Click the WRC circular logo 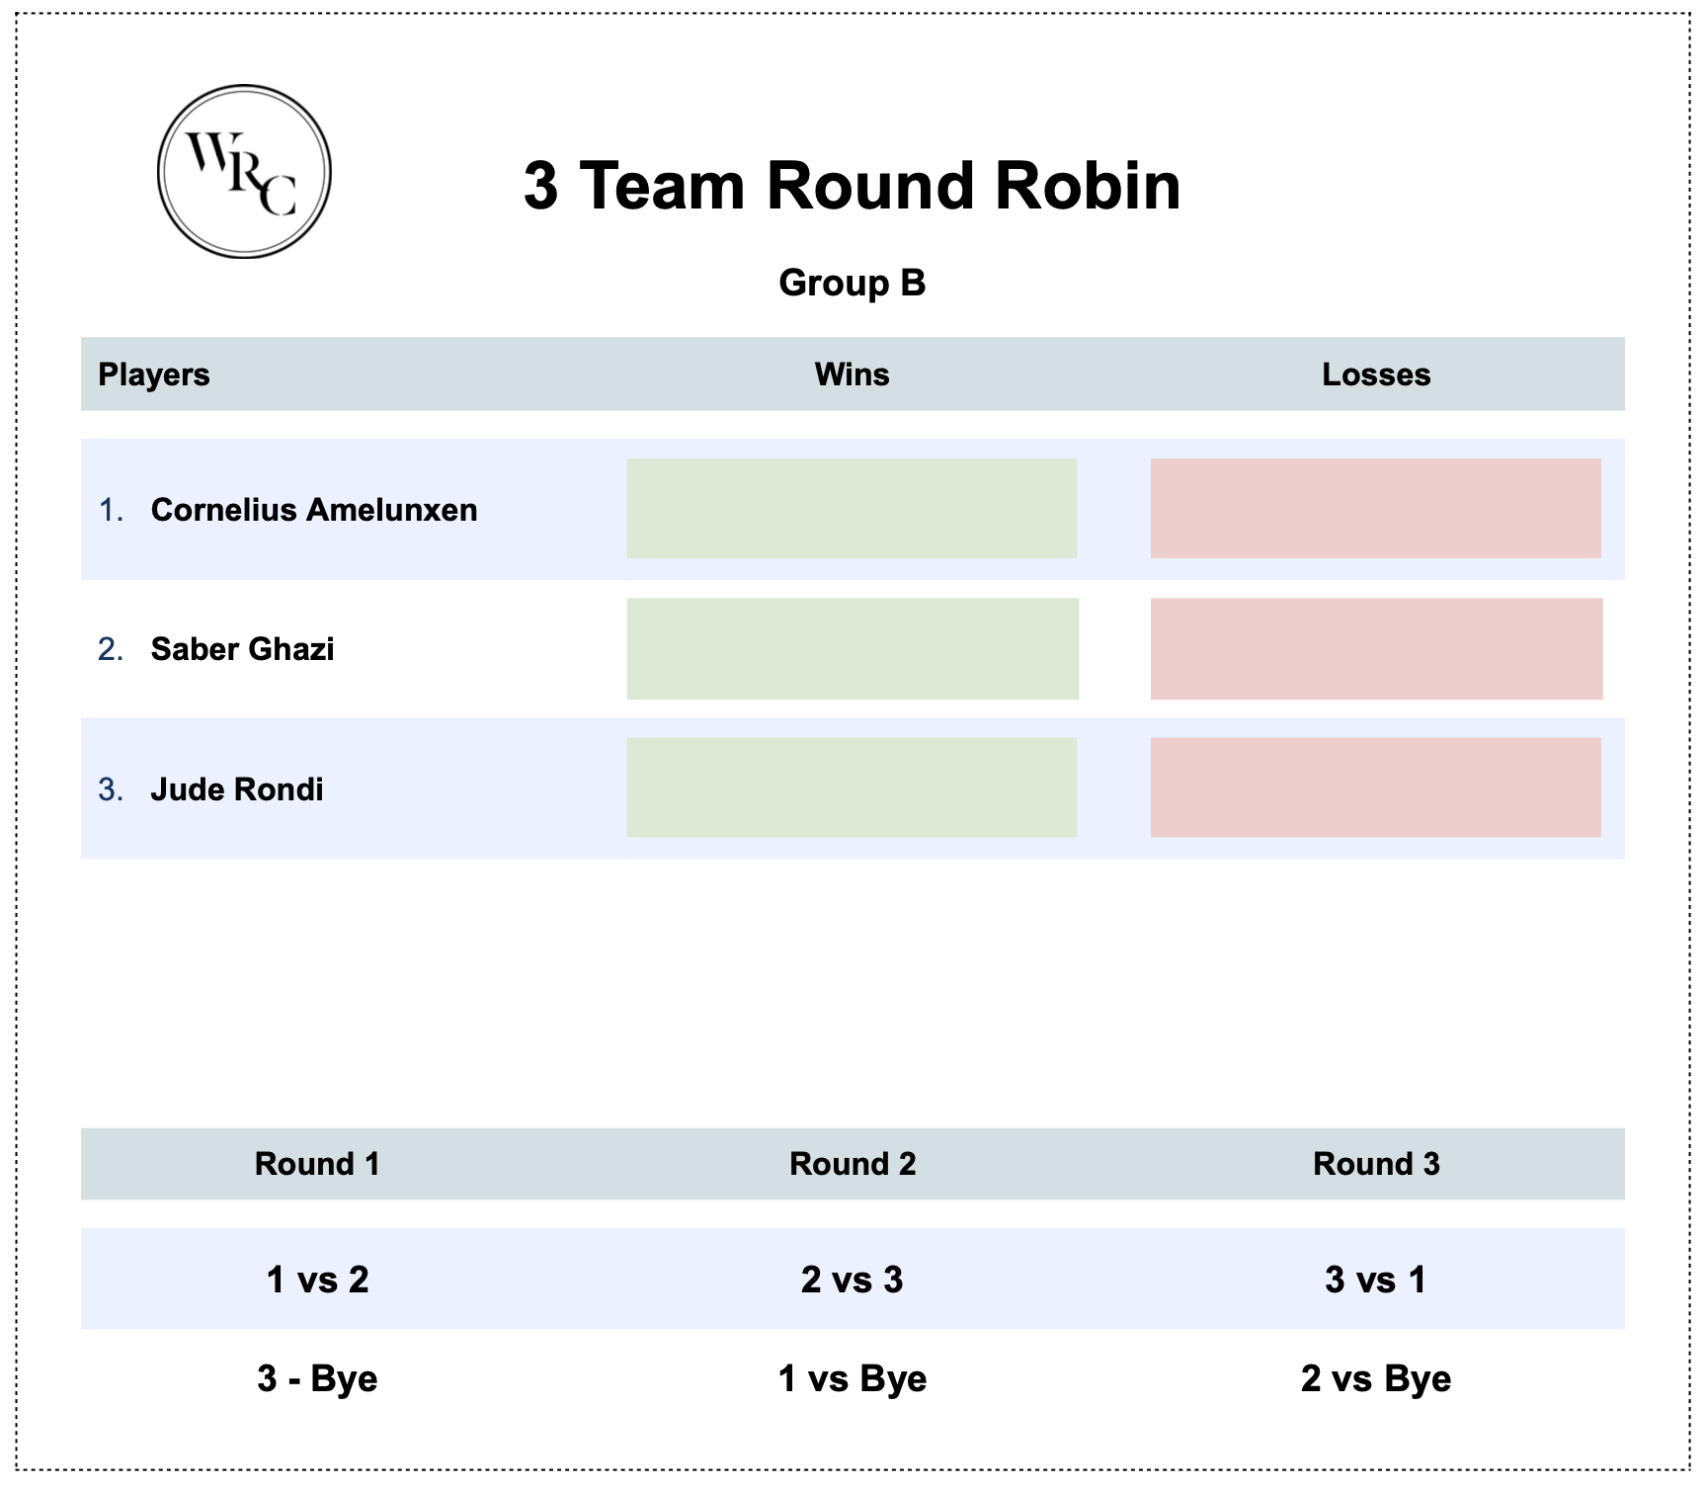[244, 172]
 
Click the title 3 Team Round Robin [852, 186]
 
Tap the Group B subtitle [852, 283]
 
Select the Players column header [154, 374]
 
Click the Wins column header [852, 374]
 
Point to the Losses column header [1375, 374]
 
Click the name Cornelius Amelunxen [313, 510]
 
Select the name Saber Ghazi [242, 649]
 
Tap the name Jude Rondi [237, 789]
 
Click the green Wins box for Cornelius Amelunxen [852, 508]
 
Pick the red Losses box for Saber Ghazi [1375, 648]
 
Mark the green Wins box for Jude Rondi [852, 787]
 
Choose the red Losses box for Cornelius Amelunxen [1375, 508]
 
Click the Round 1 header [317, 1164]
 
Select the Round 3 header [1375, 1164]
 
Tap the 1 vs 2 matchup [317, 1280]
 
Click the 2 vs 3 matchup [852, 1280]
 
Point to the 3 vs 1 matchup [1375, 1280]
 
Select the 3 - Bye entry [317, 1378]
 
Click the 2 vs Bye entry [1375, 1378]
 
